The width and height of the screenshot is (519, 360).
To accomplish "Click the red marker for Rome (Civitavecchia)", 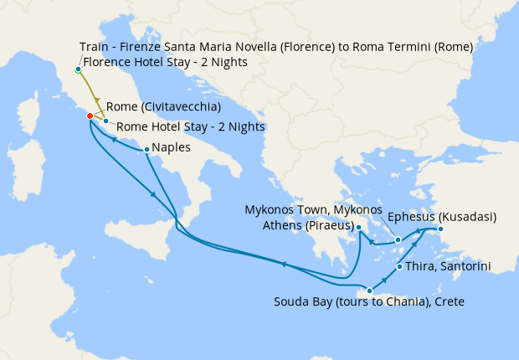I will (x=90, y=116).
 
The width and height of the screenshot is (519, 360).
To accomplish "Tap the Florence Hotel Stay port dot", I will (x=78, y=69).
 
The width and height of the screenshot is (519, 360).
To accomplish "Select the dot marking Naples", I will (x=146, y=150).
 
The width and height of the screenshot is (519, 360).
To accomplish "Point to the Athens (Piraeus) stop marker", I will (x=358, y=227).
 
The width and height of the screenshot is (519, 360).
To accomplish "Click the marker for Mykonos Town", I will (x=398, y=240).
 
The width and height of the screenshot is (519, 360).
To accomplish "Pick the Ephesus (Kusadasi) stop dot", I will (x=440, y=229).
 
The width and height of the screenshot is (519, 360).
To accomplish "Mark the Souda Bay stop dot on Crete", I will (x=369, y=291).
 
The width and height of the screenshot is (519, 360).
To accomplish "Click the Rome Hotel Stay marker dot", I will (x=105, y=121).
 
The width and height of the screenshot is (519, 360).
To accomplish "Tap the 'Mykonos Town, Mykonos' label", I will (x=313, y=208).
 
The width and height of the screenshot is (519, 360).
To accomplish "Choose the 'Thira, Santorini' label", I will (x=449, y=266).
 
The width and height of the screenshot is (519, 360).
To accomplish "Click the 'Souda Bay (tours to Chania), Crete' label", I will (x=369, y=301).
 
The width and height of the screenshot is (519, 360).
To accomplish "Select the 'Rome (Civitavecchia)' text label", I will (x=163, y=107).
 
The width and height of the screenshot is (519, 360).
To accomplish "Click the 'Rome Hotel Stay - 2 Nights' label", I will (x=190, y=126).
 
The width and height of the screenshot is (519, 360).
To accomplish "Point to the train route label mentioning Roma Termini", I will (x=276, y=47).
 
